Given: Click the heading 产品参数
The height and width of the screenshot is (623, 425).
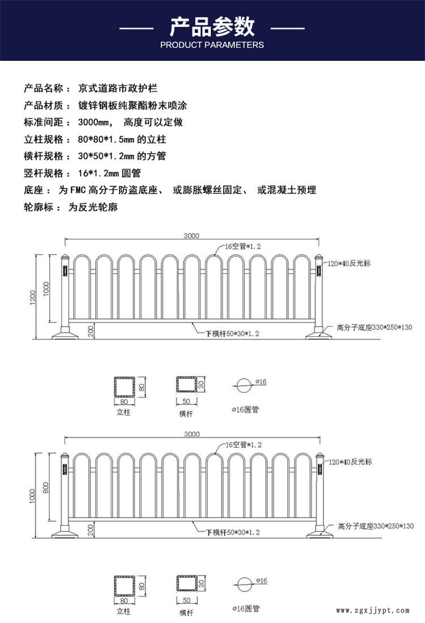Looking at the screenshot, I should click(212, 26).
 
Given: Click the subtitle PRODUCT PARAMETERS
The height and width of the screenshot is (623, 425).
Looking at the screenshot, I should click(212, 45).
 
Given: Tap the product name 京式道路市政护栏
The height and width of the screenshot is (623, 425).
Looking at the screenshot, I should click(117, 89).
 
